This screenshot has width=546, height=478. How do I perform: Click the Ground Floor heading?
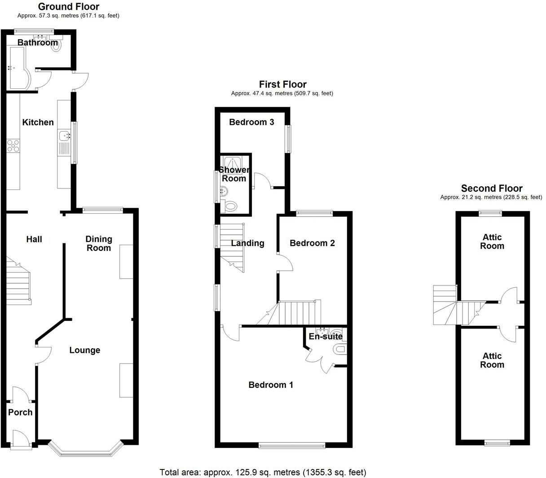(68, 7)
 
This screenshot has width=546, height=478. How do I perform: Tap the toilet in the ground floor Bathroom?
(56, 45)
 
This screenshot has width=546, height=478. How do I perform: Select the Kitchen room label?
(38, 123)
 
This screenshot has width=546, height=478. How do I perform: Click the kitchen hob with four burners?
(13, 145)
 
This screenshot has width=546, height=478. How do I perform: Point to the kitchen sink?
(64, 135)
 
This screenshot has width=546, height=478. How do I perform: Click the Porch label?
(20, 412)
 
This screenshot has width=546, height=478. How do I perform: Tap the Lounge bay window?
(85, 452)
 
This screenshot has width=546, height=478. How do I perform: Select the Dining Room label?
(99, 243)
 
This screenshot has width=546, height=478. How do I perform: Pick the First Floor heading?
(282, 84)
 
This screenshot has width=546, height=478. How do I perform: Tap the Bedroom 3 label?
(251, 122)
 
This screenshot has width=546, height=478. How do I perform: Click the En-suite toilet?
(340, 349)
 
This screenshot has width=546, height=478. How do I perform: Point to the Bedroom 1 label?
(271, 385)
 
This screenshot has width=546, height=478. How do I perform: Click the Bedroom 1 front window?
(292, 445)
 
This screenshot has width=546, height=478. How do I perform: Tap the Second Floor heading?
(492, 189)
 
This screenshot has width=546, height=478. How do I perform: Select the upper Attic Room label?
(492, 241)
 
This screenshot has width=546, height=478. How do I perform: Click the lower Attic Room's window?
(498, 443)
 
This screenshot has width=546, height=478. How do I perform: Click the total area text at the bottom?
(263, 472)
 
